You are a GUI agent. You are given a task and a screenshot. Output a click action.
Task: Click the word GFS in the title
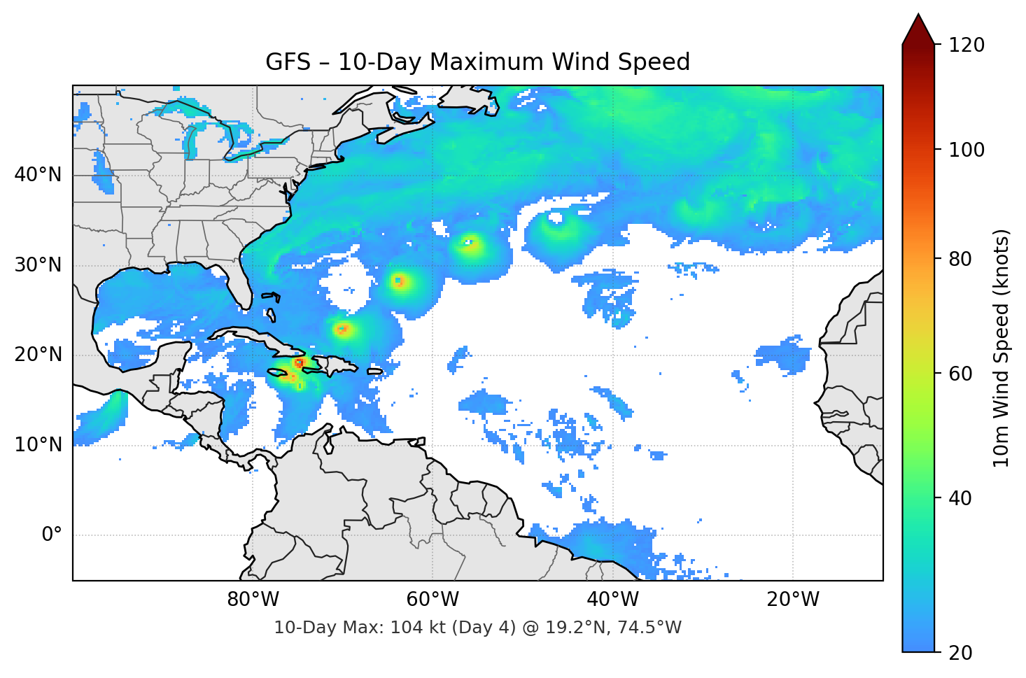tap(288, 62)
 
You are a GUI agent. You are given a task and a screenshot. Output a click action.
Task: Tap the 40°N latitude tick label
tap(38, 174)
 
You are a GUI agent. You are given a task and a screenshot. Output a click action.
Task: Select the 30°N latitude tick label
tap(38, 265)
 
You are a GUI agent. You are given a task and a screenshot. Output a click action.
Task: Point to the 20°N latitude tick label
tap(38, 355)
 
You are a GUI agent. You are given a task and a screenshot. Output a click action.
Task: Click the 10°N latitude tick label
tap(38, 445)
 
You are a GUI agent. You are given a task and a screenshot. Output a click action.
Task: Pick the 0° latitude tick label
tap(52, 535)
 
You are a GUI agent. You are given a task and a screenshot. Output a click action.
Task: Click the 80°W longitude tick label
tap(253, 600)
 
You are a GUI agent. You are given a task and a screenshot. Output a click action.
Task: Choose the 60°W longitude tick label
tap(433, 600)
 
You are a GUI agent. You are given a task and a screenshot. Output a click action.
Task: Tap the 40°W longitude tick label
tap(613, 600)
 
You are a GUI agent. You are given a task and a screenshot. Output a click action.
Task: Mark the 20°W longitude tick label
tap(793, 600)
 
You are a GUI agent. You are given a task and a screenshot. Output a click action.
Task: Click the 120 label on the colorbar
tap(967, 45)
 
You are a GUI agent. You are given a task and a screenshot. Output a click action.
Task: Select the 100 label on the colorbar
tap(967, 150)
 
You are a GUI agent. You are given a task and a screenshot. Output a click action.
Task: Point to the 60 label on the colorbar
tap(960, 374)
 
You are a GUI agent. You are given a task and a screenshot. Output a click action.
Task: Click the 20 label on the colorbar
tap(960, 653)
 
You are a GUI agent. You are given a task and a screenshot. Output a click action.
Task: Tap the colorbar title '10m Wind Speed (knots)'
tap(1002, 348)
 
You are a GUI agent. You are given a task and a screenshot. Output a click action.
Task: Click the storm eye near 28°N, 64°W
tap(398, 281)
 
